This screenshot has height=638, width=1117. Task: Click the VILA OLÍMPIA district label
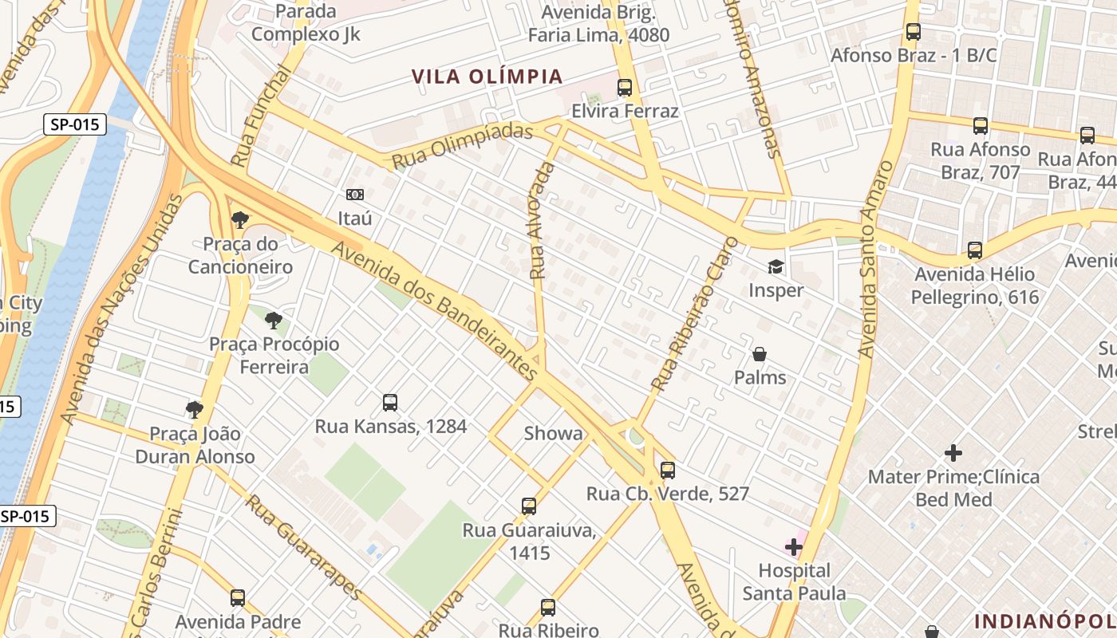pos(487,77)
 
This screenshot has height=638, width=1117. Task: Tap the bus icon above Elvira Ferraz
pos(625,88)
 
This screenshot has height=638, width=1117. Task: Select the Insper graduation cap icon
pos(776,266)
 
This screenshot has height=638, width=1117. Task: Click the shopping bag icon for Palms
pos(760,353)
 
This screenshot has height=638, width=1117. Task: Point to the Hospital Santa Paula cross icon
pos(794,547)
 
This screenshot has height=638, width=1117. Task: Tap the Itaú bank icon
pos(354,194)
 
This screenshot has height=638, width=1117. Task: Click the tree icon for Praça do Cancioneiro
pos(239,219)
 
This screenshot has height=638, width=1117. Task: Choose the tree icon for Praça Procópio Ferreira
pos(274,321)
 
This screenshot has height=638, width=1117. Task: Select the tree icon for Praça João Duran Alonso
pos(194,410)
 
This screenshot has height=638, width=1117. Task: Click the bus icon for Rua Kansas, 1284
pos(390,403)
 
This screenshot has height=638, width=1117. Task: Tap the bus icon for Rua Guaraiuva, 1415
pos(529,506)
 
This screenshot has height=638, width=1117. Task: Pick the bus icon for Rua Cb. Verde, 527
pos(668,471)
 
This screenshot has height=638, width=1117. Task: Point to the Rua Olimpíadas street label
pos(462,145)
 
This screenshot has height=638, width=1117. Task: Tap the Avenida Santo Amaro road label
pos(876,258)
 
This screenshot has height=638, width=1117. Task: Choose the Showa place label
pos(553,434)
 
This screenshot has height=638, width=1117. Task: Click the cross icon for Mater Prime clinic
pos(953,453)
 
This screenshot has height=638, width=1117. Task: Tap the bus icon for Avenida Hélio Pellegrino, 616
pos(975,250)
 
